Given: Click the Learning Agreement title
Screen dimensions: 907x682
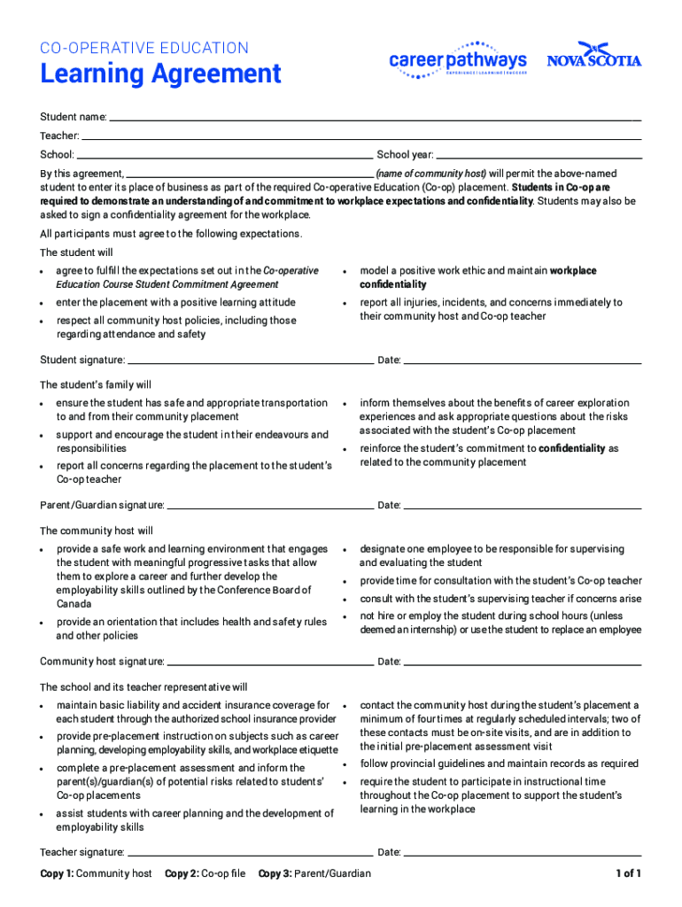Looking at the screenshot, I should tap(160, 74).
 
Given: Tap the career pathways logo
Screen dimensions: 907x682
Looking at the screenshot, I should tap(458, 60).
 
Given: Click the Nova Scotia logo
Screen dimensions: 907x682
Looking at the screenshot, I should tap(593, 57).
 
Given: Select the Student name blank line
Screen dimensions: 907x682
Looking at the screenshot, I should tap(375, 118).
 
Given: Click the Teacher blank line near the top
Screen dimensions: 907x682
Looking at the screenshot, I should tap(361, 136).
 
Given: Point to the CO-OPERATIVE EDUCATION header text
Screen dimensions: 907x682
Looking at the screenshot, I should tap(144, 48).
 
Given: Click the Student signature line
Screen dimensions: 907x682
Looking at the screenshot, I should tap(250, 361).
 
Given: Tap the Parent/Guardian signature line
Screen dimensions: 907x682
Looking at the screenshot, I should tap(270, 507).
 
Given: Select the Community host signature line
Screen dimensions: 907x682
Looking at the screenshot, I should tap(270, 663).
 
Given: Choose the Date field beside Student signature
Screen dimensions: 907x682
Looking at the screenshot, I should tap(523, 361).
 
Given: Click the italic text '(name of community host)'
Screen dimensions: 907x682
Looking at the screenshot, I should tap(430, 174).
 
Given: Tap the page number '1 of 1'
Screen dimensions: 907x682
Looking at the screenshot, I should tap(629, 874).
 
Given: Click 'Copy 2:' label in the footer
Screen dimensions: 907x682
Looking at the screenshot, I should tap(182, 874).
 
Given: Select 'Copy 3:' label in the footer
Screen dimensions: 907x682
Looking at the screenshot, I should tap(275, 874).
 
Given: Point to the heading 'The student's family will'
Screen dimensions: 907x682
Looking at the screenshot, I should tap(96, 385).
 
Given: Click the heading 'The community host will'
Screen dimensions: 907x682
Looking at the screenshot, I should tap(97, 531).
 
